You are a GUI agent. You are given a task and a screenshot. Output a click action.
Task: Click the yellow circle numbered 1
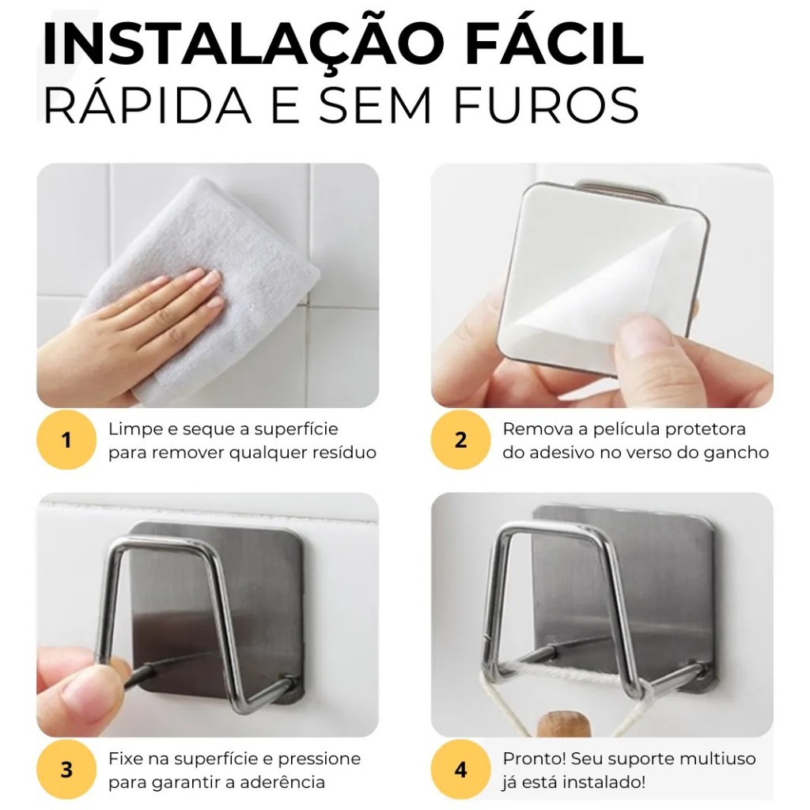[66, 440]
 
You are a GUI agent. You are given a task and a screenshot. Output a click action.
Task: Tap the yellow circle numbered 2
[461, 440]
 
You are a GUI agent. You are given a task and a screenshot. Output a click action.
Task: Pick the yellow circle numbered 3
[66, 770]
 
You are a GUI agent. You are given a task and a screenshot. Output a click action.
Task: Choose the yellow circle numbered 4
[461, 770]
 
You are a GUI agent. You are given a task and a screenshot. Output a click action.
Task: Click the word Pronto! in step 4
[535, 759]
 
